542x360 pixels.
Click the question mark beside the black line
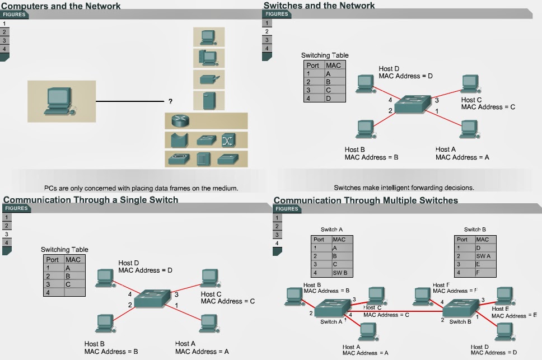tap(170, 102)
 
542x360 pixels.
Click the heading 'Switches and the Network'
tap(319, 6)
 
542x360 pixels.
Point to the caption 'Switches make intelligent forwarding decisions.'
tap(404, 188)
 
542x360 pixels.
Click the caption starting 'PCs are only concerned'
tap(141, 188)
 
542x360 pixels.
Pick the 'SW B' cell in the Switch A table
tap(340, 273)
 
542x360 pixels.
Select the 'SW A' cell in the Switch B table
tap(484, 256)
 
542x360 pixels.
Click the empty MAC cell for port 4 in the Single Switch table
tap(74, 292)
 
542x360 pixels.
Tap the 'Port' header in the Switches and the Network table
tap(313, 66)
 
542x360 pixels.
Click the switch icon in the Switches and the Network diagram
tap(413, 104)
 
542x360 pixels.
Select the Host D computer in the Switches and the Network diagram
tap(366, 82)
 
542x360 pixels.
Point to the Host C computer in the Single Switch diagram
tap(209, 277)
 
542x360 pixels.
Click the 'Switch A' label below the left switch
tap(330, 322)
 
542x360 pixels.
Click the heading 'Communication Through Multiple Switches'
tap(366, 200)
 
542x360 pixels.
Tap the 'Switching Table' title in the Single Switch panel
tap(64, 250)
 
